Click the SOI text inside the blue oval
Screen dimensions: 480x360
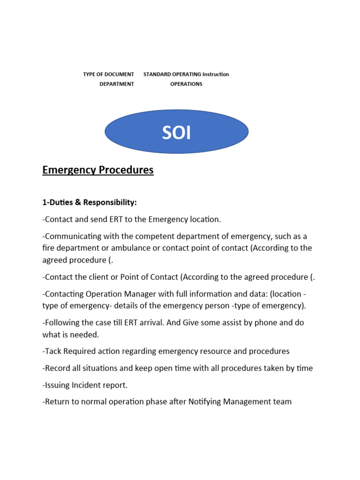tap(177, 133)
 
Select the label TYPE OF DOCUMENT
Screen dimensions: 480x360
tap(108, 74)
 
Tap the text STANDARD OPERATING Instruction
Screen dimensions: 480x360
tap(186, 74)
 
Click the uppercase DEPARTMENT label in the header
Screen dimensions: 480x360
tap(117, 84)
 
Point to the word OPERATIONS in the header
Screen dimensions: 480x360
tap(186, 84)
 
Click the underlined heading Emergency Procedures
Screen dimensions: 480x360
tap(98, 170)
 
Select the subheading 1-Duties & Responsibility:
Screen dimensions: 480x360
tap(90, 202)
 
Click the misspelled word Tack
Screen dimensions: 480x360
tap(52, 351)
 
